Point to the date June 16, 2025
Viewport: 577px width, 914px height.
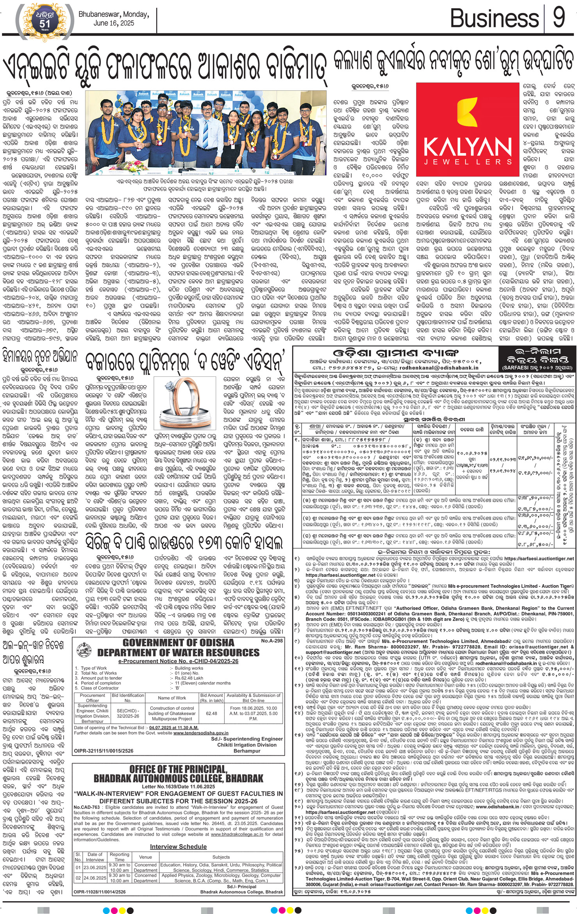tap(114, 23)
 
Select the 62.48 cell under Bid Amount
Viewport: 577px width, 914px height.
tap(211, 713)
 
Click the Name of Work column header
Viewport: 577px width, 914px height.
tap(172, 698)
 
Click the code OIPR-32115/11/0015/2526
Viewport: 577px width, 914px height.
tap(104, 751)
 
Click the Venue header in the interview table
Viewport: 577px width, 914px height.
tap(145, 857)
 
